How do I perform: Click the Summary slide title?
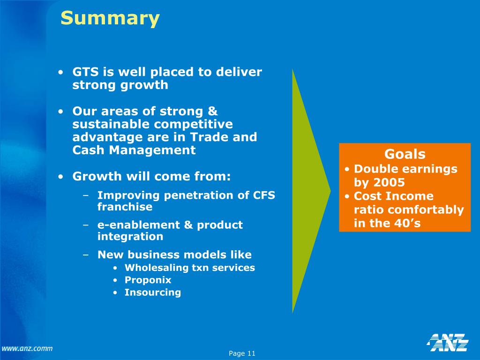pyautogui.click(x=110, y=19)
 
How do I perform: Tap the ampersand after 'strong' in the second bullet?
pyautogui.click(x=213, y=112)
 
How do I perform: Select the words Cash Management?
pyautogui.click(x=134, y=150)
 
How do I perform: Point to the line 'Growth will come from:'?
pyautogui.click(x=151, y=177)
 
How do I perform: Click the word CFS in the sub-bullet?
pyautogui.click(x=264, y=195)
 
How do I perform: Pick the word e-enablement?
pyautogui.click(x=139, y=225)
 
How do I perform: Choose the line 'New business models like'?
pyautogui.click(x=174, y=255)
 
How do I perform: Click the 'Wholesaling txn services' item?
pyautogui.click(x=189, y=268)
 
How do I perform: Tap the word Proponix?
pyautogui.click(x=148, y=280)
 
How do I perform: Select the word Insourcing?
pyautogui.click(x=152, y=292)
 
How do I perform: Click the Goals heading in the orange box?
pyautogui.click(x=405, y=154)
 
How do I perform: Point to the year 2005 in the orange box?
pyautogui.click(x=389, y=183)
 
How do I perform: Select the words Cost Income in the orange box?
pyautogui.click(x=394, y=196)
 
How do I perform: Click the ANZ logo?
pyautogui.click(x=448, y=342)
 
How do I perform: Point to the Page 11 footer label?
pyautogui.click(x=242, y=353)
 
